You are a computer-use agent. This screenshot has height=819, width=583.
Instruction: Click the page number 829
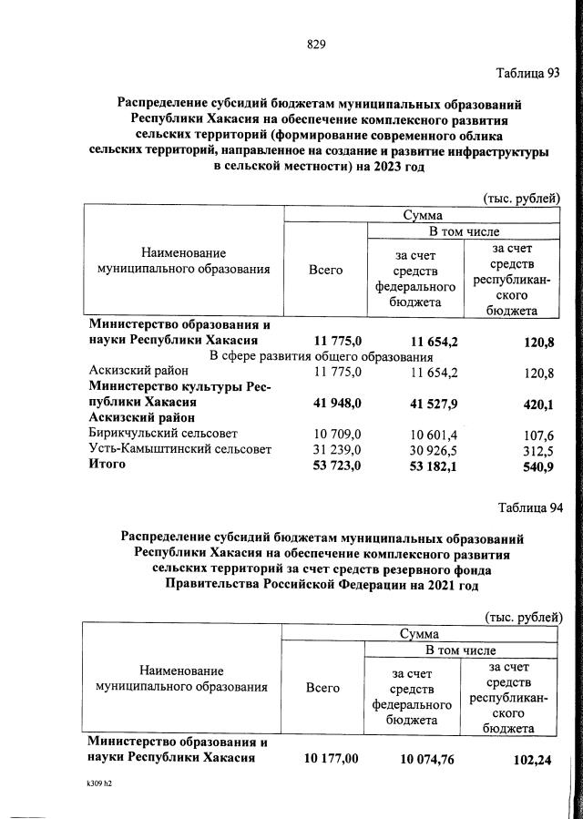316,45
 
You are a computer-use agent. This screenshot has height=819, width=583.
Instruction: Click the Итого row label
107,465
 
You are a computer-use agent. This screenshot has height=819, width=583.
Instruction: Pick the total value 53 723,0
338,466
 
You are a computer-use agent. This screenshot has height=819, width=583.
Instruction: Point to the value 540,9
536,466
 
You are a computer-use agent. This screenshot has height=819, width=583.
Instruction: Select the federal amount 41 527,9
419,402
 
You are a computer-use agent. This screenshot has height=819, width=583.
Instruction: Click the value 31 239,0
338,449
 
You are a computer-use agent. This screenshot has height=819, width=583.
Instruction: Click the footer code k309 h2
94,783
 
